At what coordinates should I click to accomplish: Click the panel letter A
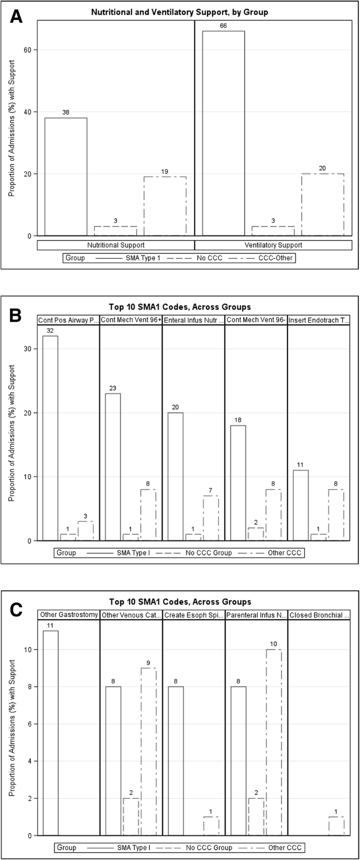[x=17, y=17]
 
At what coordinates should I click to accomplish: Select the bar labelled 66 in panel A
[x=223, y=134]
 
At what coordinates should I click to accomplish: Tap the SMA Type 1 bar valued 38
[x=66, y=177]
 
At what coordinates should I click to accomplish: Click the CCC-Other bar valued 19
[x=165, y=206]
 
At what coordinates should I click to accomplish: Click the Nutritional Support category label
[x=116, y=245]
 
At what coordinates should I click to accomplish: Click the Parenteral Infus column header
[x=256, y=615]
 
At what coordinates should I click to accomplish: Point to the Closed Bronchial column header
[x=318, y=615]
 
